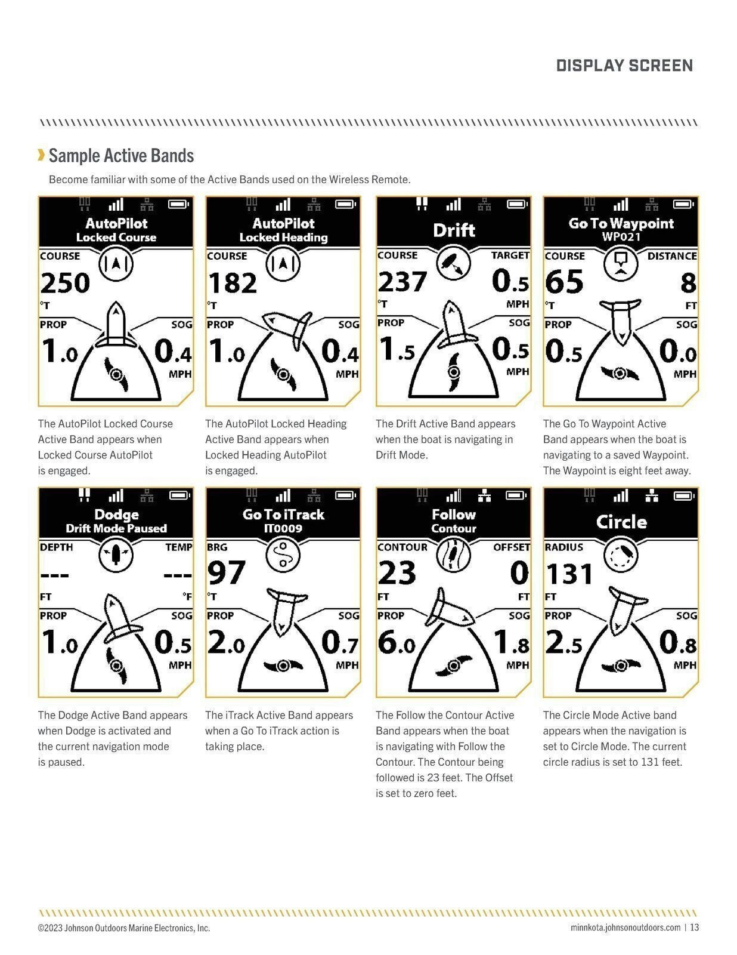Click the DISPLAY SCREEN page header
(x=624, y=66)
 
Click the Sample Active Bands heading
(x=121, y=156)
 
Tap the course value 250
(x=65, y=282)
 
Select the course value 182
(x=232, y=282)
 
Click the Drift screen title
(x=454, y=230)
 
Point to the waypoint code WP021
(x=621, y=236)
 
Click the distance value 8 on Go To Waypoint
(x=688, y=282)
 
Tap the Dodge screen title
(x=116, y=514)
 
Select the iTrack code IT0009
(x=283, y=528)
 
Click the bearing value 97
(x=226, y=572)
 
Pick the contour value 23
(x=397, y=572)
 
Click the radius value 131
(x=569, y=574)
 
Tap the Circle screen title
(x=621, y=521)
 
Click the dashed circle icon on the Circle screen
(x=621, y=555)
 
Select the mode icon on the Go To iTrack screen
(x=283, y=555)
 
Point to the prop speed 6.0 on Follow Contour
(x=397, y=643)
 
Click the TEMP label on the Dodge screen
(x=178, y=547)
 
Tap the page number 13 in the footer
(x=694, y=928)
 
